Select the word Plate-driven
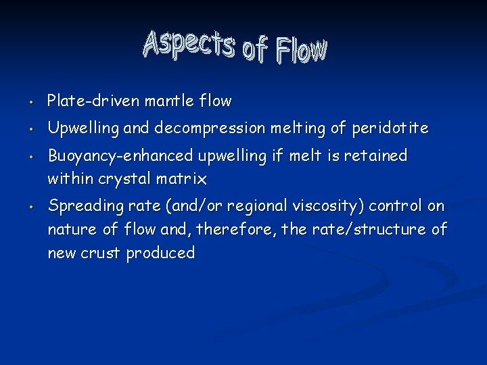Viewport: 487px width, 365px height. tap(87, 101)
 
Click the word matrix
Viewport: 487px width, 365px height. tap(182, 180)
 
